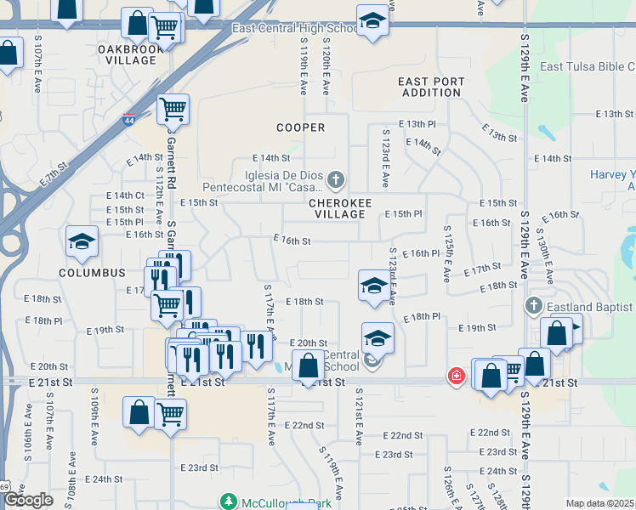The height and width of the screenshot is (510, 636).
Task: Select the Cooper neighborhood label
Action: [x=300, y=127]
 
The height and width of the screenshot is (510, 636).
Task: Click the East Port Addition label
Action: [x=432, y=87]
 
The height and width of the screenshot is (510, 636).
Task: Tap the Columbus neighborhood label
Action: [x=92, y=273]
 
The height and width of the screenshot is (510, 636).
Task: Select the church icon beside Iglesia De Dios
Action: [x=337, y=179]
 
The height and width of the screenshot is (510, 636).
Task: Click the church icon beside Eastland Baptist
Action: [x=533, y=306]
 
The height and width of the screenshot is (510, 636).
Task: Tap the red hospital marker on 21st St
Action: [x=457, y=375]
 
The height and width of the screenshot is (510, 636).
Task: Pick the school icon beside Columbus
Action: [x=82, y=243]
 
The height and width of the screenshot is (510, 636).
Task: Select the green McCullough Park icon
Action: [x=229, y=503]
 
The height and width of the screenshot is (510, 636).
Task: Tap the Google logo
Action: [x=29, y=500]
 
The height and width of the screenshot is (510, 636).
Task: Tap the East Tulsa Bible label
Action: [x=588, y=67]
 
